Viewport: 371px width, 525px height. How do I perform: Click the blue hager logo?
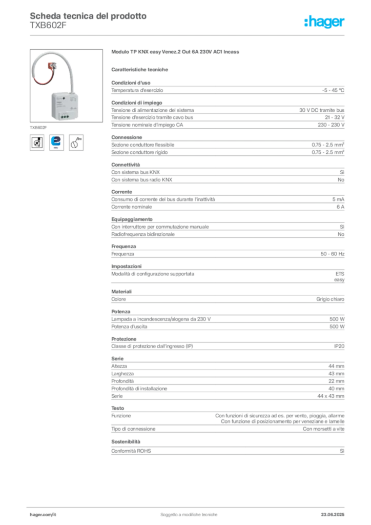325,23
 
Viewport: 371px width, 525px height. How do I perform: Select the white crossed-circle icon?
37,143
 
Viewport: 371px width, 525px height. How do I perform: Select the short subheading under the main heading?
141,69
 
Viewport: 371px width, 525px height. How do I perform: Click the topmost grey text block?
228,89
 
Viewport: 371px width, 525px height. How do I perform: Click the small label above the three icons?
39,125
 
